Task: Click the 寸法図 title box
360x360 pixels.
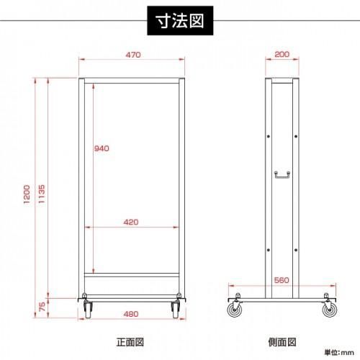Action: click(x=180, y=21)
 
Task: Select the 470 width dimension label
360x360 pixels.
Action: click(x=133, y=55)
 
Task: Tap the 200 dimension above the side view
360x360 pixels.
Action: click(x=282, y=54)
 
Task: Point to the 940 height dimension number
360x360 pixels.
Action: click(x=102, y=148)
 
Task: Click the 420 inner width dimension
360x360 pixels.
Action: click(x=131, y=222)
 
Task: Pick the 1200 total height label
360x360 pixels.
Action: click(x=27, y=194)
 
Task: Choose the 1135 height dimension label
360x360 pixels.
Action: click(x=42, y=194)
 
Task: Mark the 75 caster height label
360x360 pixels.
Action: click(x=42, y=307)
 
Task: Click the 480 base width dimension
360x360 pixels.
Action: click(x=131, y=314)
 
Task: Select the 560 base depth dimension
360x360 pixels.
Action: click(x=282, y=280)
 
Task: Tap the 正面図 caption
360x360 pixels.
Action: click(x=130, y=342)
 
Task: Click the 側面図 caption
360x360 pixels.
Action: click(x=282, y=342)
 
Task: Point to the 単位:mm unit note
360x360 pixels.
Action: click(x=339, y=353)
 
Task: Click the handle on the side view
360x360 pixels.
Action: click(x=282, y=175)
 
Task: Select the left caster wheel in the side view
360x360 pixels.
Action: click(x=235, y=310)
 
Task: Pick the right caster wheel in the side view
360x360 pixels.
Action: click(x=330, y=310)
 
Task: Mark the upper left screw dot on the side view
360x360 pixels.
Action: click(x=269, y=137)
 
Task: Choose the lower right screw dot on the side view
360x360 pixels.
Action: click(x=296, y=250)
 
